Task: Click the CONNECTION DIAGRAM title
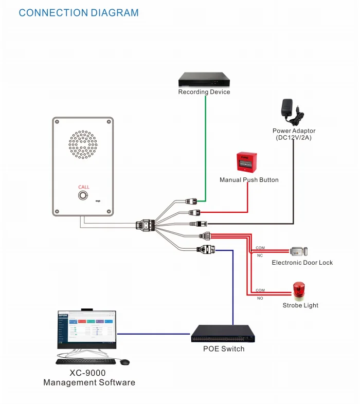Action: tap(79, 13)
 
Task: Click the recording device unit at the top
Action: tap(204, 80)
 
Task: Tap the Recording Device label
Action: tap(204, 92)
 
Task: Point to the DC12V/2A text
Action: tap(294, 138)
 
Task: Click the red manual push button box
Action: tap(246, 162)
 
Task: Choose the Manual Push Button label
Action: tap(249, 180)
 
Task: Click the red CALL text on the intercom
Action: tap(83, 187)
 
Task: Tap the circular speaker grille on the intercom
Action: tap(83, 144)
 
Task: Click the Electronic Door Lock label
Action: tap(302, 263)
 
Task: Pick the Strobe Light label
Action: tap(300, 305)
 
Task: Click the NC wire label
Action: tap(260, 255)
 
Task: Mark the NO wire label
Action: tap(260, 298)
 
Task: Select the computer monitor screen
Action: tap(87, 330)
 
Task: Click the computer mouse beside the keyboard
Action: tap(124, 362)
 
